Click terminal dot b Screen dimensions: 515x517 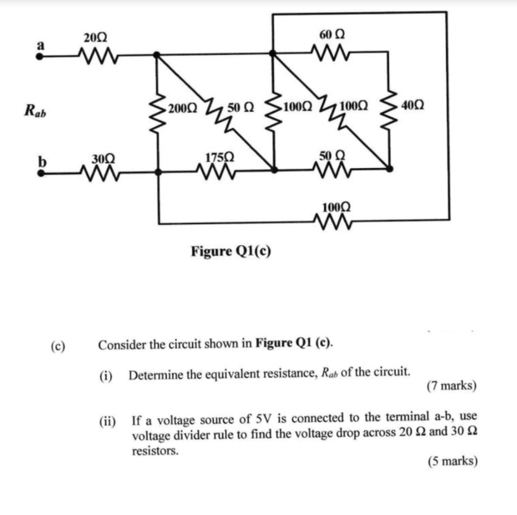pos(41,173)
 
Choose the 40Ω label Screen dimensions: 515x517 pos(413,106)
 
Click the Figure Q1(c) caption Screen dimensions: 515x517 pos(231,251)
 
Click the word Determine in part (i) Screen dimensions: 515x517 pos(153,374)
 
